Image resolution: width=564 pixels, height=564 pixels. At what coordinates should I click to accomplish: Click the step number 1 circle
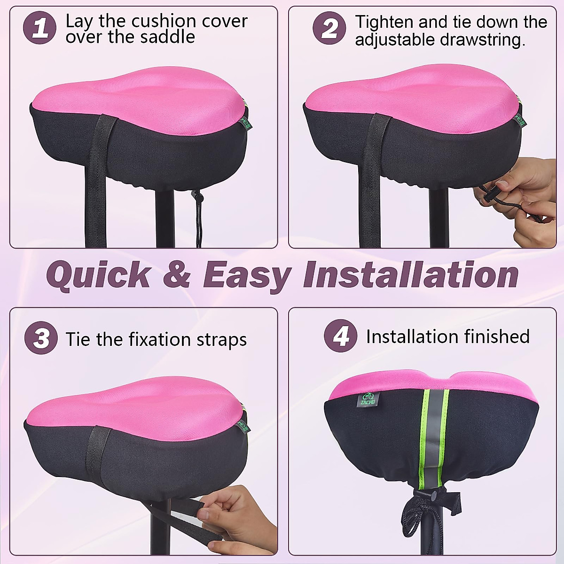point(40,28)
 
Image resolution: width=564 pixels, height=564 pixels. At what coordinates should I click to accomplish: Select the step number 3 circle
point(41,338)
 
